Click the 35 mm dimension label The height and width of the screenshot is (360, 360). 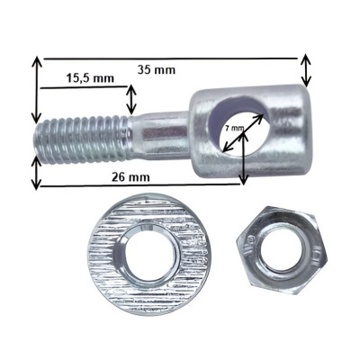pyautogui.click(x=157, y=70)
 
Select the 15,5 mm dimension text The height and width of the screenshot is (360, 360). pyautogui.click(x=90, y=78)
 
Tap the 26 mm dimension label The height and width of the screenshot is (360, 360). pyautogui.click(x=130, y=177)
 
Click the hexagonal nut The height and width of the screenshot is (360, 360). pyautogui.click(x=282, y=251)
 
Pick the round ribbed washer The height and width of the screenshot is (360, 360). pyautogui.click(x=149, y=254)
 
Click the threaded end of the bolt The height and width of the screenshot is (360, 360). pyautogui.click(x=82, y=140)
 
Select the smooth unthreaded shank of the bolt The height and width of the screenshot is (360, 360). pyautogui.click(x=160, y=135)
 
